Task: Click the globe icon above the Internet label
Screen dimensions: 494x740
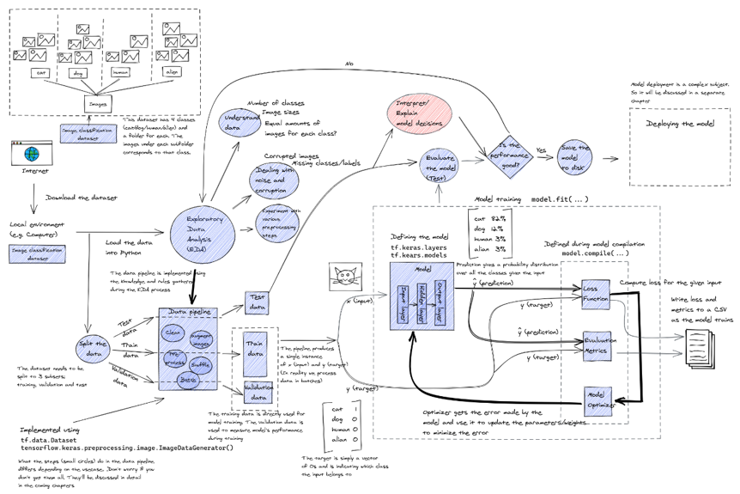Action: (x=31, y=154)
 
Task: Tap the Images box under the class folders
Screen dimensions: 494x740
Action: (x=97, y=104)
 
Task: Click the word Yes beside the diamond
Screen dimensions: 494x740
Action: (x=541, y=150)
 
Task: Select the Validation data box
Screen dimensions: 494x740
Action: (x=258, y=392)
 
